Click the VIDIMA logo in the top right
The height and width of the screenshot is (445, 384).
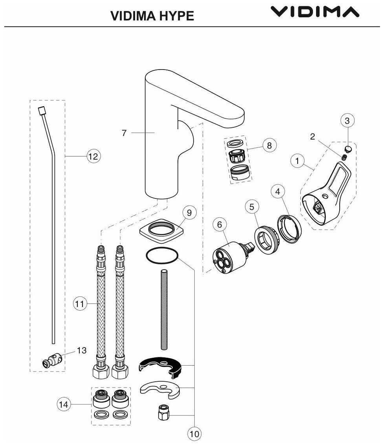tap(315, 12)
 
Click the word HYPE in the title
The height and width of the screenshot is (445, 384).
tap(176, 16)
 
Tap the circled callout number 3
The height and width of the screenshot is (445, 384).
tap(347, 121)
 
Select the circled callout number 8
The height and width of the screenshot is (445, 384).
tap(269, 145)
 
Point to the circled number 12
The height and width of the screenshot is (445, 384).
tap(93, 156)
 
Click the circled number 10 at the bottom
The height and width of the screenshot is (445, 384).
tap(194, 434)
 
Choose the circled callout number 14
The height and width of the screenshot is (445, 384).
tap(64, 404)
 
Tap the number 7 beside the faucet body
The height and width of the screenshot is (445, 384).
tap(124, 133)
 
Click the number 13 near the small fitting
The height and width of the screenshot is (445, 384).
tap(82, 351)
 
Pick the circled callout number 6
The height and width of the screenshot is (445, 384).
tap(219, 224)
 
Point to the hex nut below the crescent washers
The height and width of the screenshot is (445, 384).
tap(163, 413)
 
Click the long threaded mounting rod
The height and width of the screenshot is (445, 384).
tap(164, 309)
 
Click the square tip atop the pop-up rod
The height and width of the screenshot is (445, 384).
tap(42, 110)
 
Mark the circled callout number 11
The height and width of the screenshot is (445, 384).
tap(80, 303)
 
